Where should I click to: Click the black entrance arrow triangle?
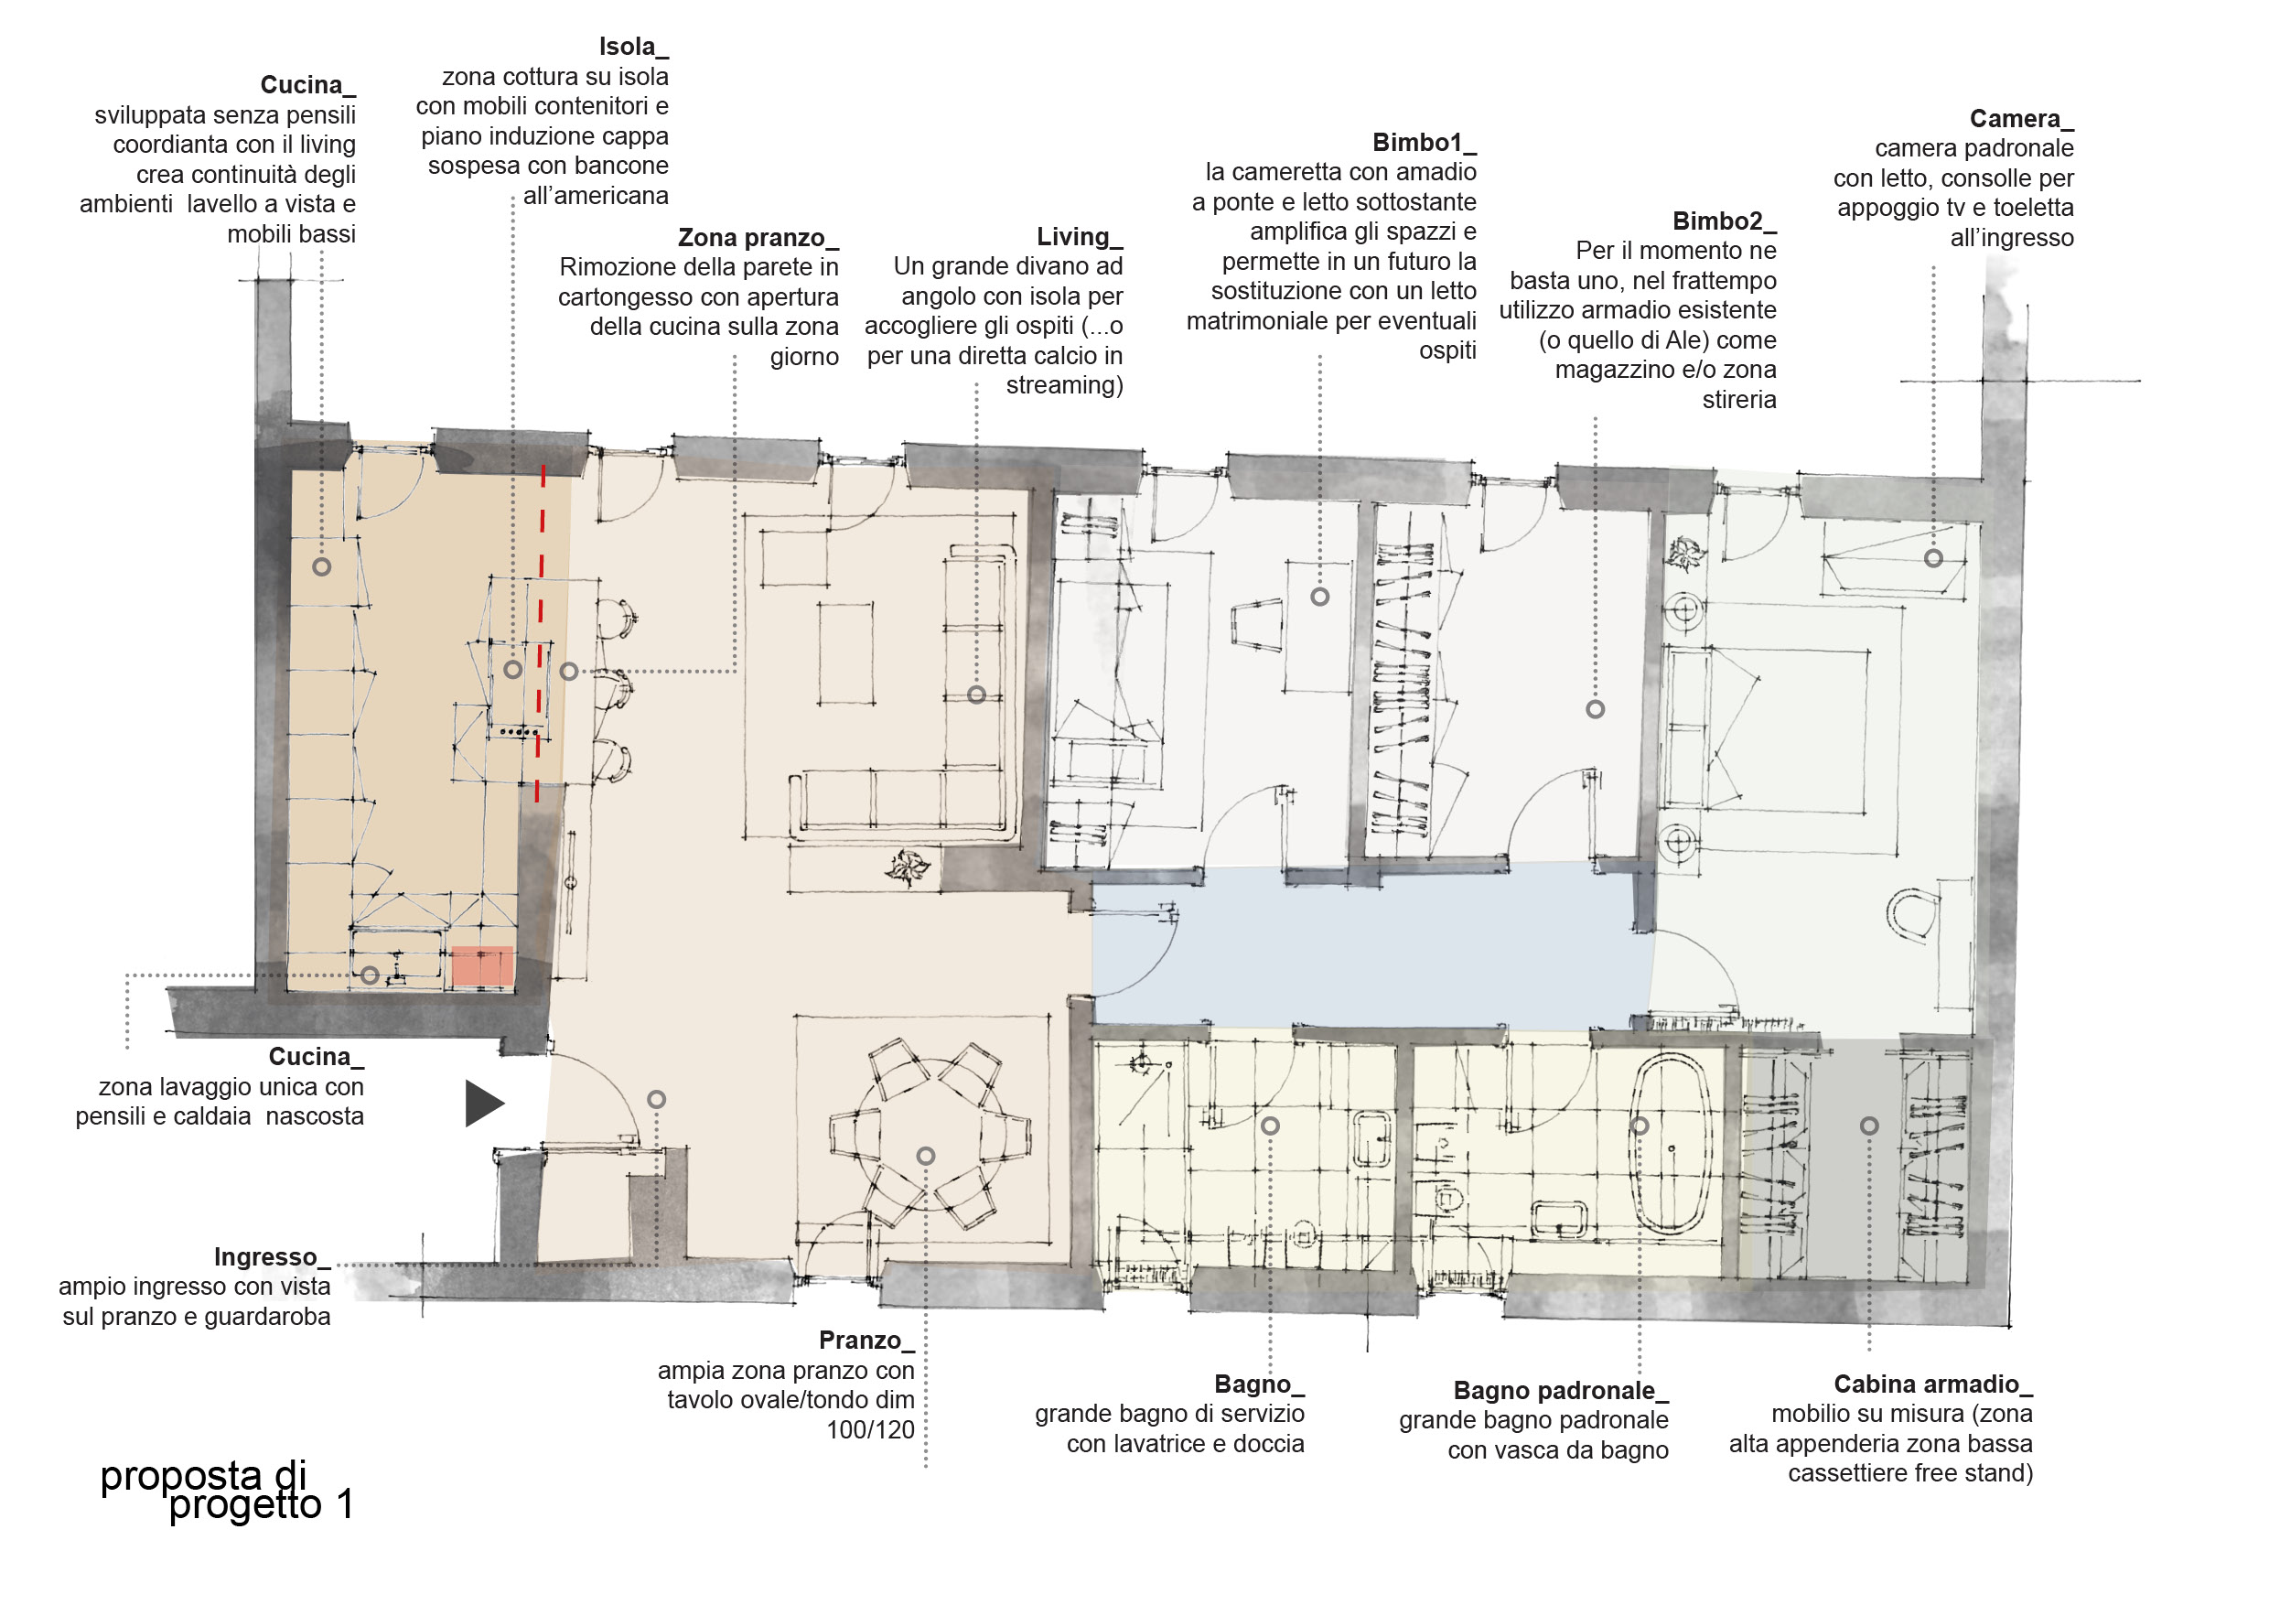point(482,1103)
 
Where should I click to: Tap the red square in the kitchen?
point(482,965)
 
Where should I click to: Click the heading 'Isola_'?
point(633,47)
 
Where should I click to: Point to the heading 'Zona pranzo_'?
point(758,238)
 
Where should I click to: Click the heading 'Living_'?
point(1080,237)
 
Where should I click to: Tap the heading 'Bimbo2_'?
point(1725,221)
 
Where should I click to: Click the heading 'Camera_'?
point(2022,119)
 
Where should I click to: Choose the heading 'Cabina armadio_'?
point(1933,1384)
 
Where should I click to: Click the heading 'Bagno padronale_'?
point(1561,1391)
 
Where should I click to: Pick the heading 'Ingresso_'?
point(272,1257)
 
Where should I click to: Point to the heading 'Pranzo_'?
point(866,1341)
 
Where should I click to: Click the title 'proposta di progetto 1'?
point(227,1491)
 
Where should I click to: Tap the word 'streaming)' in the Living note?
point(1064,384)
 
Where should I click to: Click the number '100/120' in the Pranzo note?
point(871,1429)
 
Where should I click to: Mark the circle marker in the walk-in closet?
point(1869,1126)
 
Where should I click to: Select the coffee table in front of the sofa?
point(846,653)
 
